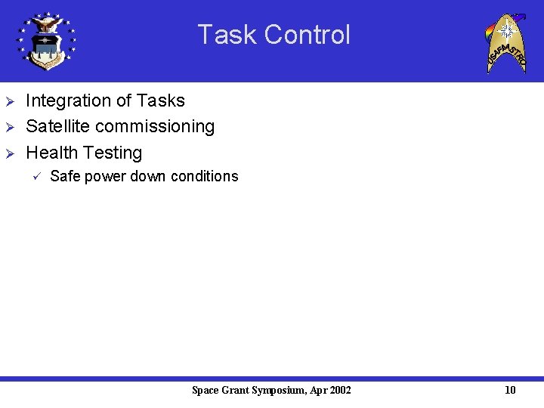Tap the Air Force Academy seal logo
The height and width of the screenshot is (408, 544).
point(47,41)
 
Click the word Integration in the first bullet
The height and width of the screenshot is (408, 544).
point(69,100)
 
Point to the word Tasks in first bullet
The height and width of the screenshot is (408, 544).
point(160,100)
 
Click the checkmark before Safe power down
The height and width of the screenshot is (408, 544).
point(34,177)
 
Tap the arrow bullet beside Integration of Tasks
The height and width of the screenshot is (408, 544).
point(10,101)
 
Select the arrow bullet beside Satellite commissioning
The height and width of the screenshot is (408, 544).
point(10,127)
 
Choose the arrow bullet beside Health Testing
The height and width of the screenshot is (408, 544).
point(10,153)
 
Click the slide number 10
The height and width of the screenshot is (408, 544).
point(510,390)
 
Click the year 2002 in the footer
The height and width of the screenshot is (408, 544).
point(339,390)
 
